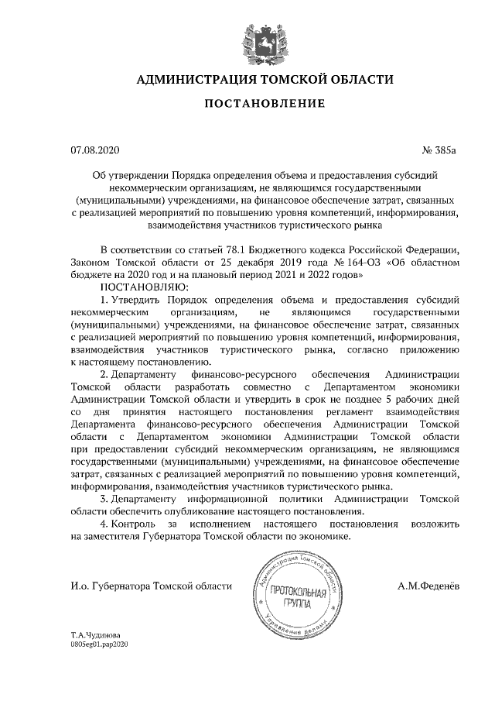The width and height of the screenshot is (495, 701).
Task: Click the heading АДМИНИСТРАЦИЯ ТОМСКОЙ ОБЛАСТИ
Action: click(x=265, y=79)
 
